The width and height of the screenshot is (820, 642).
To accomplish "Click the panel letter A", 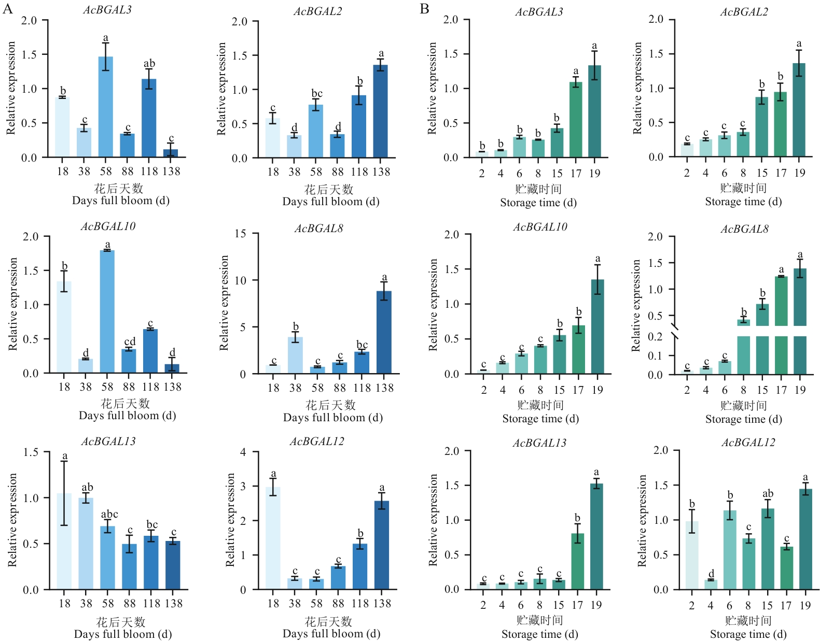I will (x=7, y=9).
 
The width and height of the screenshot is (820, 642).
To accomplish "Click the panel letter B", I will (x=424, y=9).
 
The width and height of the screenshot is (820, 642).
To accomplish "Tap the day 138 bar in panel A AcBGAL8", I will (x=384, y=332).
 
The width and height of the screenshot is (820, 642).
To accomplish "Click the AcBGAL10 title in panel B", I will (x=540, y=227).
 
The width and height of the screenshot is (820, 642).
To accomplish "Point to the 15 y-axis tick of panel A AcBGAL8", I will (x=240, y=234).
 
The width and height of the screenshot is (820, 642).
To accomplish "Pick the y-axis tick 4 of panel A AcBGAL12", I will (x=243, y=452).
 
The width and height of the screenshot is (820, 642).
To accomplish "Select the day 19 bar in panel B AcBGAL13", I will (x=596, y=536).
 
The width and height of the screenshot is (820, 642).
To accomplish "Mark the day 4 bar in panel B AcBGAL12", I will (x=711, y=584).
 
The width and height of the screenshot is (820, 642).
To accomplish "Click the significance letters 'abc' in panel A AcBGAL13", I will (x=109, y=514).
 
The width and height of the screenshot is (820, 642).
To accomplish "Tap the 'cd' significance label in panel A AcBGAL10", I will (x=130, y=341).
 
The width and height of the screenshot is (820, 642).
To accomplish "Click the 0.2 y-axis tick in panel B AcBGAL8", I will (x=656, y=337).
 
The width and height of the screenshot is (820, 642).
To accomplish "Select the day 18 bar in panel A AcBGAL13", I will (x=64, y=541).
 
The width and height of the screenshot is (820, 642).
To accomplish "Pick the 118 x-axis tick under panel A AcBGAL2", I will (x=359, y=172).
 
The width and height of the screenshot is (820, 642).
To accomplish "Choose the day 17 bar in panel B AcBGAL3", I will (x=576, y=120).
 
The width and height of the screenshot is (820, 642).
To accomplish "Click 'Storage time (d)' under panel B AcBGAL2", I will (x=743, y=202).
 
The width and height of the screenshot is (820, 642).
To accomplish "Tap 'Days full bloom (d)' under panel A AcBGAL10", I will (x=127, y=416).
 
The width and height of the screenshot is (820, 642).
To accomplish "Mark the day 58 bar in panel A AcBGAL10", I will (x=107, y=311).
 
